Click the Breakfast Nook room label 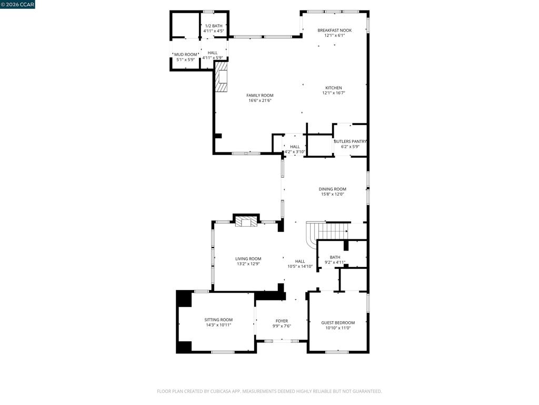pyautogui.click(x=334, y=30)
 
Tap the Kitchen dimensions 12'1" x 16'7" pyautogui.click(x=333, y=93)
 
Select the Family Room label pyautogui.click(x=260, y=95)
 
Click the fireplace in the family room pyautogui.click(x=222, y=77)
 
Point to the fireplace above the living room pyautogui.click(x=246, y=222)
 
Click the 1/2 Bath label pyautogui.click(x=214, y=26)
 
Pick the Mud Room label pyautogui.click(x=186, y=54)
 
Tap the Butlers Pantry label pyautogui.click(x=350, y=141)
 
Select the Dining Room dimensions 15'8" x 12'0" pyautogui.click(x=333, y=194)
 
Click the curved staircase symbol pyautogui.click(x=326, y=232)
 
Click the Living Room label pyautogui.click(x=248, y=258)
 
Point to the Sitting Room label pyautogui.click(x=218, y=320)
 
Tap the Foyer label pyautogui.click(x=282, y=321)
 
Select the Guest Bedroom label pyautogui.click(x=338, y=323)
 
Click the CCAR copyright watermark pyautogui.click(x=17, y=4)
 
